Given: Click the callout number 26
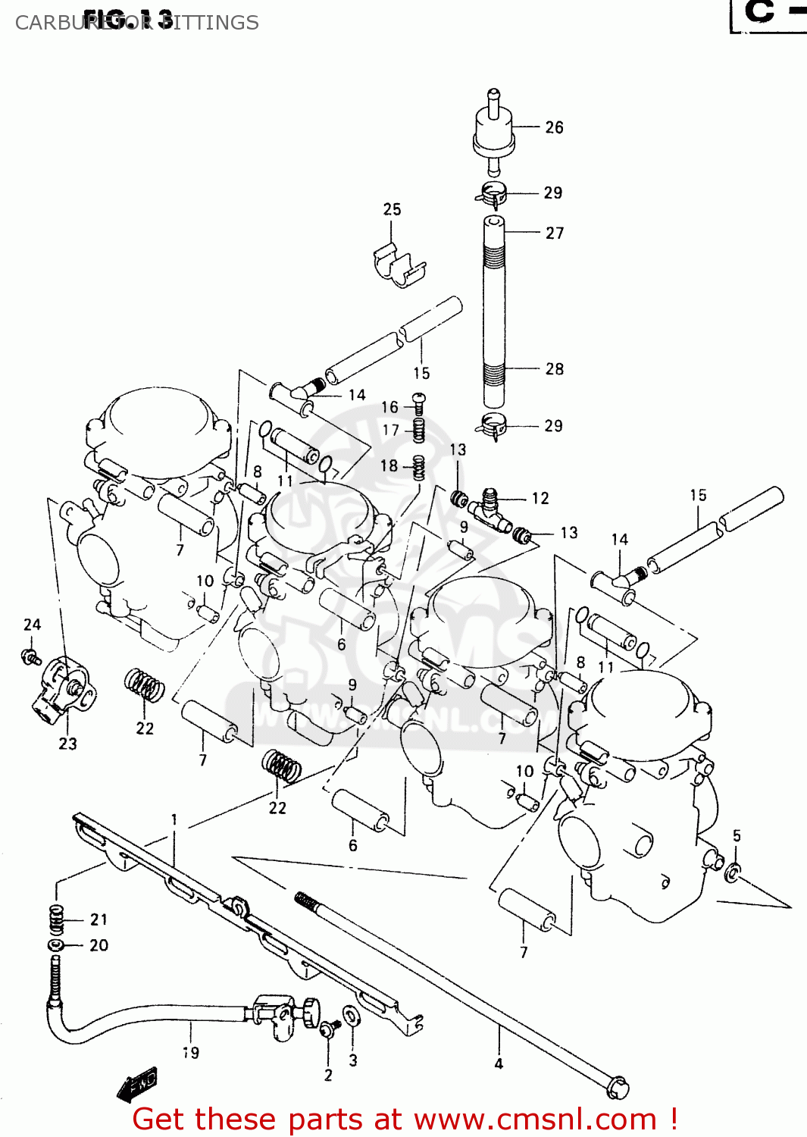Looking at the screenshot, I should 554,127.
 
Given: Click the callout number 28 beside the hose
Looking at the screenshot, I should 554,369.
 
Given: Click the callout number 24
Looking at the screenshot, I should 32,625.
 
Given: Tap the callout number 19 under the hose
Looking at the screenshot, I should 191,1053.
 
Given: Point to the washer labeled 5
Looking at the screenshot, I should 733,872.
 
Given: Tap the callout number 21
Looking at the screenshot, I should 99,919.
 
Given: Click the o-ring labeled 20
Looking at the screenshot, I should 56,945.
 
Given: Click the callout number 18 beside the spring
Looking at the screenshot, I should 389,466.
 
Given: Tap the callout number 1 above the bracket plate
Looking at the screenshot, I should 174,819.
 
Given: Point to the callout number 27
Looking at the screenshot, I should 555,233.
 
